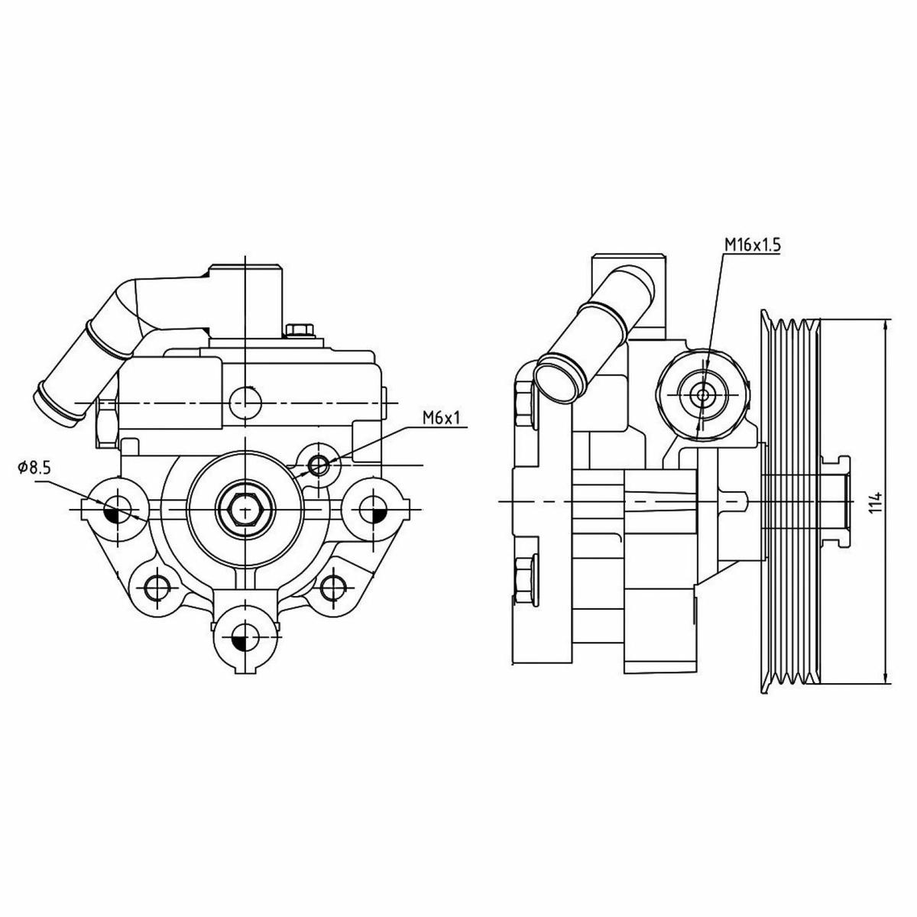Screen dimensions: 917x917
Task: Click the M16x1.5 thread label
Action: click(751, 245)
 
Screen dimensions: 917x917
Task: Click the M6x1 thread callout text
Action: click(442, 418)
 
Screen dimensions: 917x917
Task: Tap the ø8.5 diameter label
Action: click(34, 468)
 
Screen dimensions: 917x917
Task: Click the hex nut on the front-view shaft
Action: click(245, 509)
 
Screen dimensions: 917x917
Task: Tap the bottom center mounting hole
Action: click(245, 640)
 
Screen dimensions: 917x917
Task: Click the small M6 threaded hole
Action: click(318, 465)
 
